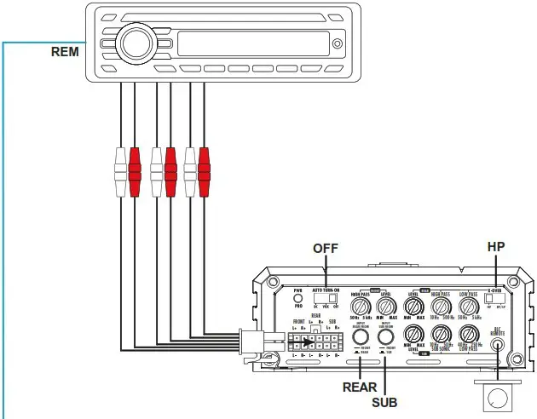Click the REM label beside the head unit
coord(65,51)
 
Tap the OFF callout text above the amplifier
coord(325,248)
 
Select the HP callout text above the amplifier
coord(496,246)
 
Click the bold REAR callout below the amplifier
coord(359,386)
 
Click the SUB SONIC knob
coord(441,335)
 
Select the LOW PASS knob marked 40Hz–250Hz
coord(468,335)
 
